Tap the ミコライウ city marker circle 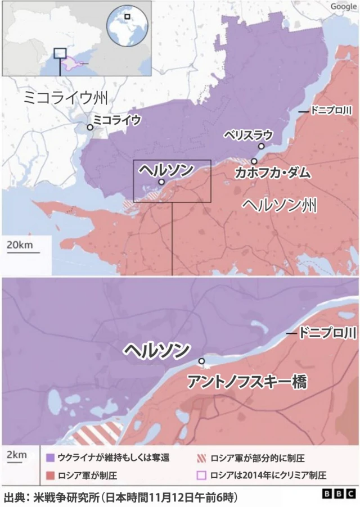pos(89,128)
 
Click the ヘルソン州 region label pos(278,205)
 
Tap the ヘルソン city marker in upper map pos(161,182)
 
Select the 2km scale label pos(15,454)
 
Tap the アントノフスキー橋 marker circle pos(201,361)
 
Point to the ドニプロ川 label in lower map pos(327,334)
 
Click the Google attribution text pos(343,6)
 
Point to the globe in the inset pos(128,24)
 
